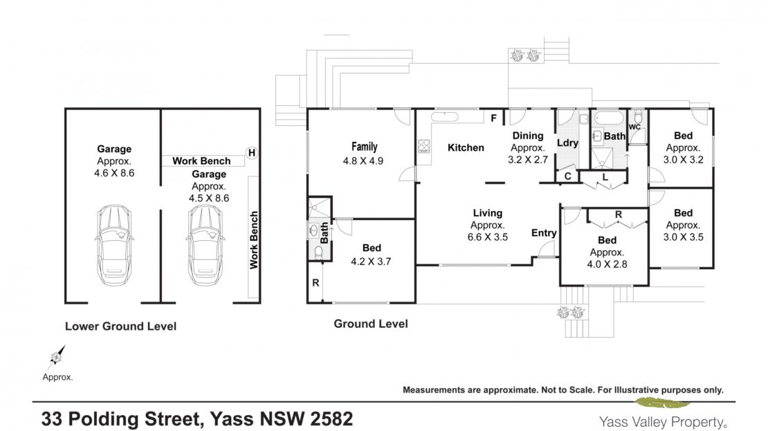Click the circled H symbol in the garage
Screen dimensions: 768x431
click(x=252, y=153)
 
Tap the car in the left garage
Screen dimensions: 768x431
click(x=114, y=245)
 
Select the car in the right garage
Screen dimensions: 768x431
click(x=205, y=245)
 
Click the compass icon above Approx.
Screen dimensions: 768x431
click(x=56, y=357)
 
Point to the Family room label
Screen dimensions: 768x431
click(x=365, y=147)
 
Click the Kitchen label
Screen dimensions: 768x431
click(x=466, y=147)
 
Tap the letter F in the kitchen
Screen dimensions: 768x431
click(x=494, y=118)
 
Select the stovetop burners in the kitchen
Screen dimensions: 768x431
click(x=424, y=145)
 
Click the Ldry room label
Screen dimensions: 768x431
click(x=567, y=143)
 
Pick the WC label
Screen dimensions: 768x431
click(x=634, y=127)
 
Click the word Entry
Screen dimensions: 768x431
click(x=544, y=233)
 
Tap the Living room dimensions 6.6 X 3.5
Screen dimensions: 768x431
click(x=487, y=237)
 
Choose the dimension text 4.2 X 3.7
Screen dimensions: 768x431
click(x=371, y=262)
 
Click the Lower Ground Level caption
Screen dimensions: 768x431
click(x=121, y=326)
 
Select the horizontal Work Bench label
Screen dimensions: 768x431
click(x=201, y=161)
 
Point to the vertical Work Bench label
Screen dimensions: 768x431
click(x=254, y=240)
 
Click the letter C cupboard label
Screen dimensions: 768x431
click(x=567, y=176)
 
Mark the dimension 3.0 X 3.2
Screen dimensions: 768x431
click(x=684, y=160)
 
